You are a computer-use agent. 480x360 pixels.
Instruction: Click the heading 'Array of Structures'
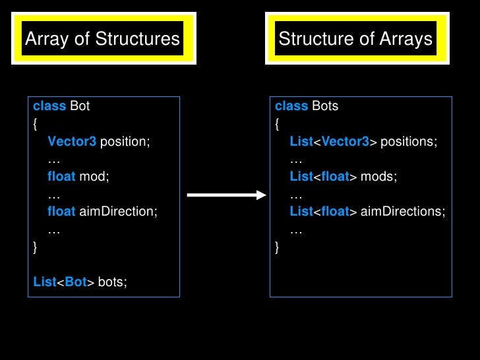(102, 39)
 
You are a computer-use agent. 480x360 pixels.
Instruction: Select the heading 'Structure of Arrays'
(355, 39)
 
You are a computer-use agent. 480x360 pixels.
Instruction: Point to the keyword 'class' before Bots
(291, 106)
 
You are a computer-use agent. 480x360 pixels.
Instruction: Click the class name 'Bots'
(325, 106)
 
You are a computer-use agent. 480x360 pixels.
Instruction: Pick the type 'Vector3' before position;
(72, 142)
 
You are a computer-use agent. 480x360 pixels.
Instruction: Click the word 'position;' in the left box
(125, 142)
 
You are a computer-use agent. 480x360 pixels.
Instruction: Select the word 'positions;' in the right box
(409, 142)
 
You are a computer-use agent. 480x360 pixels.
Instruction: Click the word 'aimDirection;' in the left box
(119, 212)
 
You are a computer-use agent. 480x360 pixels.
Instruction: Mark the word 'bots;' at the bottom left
(112, 283)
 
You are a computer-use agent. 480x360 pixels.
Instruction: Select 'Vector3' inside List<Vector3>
(346, 142)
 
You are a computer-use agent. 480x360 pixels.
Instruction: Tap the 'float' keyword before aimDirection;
(61, 212)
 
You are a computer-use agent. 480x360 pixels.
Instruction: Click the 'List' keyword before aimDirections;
(301, 212)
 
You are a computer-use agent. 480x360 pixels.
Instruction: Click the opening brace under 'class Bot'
(35, 124)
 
